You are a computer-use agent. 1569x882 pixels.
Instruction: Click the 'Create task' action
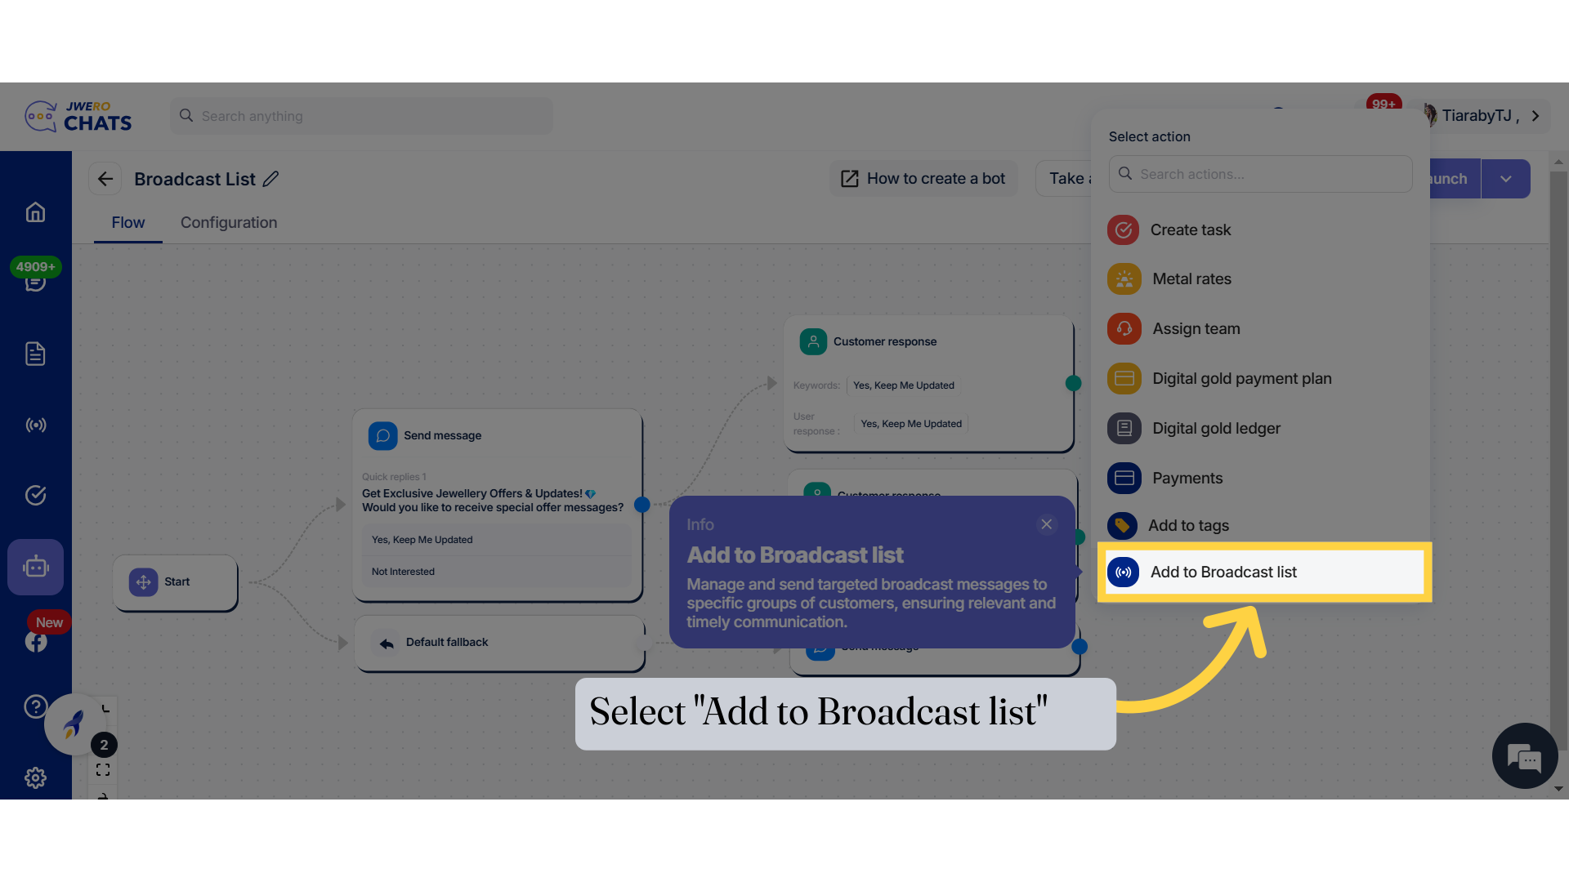pyautogui.click(x=1190, y=230)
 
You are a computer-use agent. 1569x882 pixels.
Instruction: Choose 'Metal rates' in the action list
pyautogui.click(x=1191, y=279)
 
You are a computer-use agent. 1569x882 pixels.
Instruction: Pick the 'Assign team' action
pyautogui.click(x=1196, y=329)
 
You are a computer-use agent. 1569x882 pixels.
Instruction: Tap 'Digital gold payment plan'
pyautogui.click(x=1241, y=379)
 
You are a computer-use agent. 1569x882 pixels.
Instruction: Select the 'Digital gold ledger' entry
pyautogui.click(x=1216, y=429)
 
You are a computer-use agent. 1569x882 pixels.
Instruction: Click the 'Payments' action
pyautogui.click(x=1187, y=479)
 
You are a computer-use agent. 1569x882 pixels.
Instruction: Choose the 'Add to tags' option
pyautogui.click(x=1188, y=526)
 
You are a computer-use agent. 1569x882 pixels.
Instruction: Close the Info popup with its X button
pyautogui.click(x=1046, y=524)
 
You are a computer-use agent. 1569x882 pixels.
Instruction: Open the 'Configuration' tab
pyautogui.click(x=229, y=223)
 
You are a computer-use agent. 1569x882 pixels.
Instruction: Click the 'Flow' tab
pyautogui.click(x=128, y=223)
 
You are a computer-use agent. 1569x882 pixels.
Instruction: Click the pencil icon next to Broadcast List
pyautogui.click(x=271, y=179)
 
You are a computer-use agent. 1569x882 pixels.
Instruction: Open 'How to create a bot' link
pyautogui.click(x=923, y=179)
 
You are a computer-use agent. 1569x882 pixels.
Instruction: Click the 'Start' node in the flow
pyautogui.click(x=176, y=582)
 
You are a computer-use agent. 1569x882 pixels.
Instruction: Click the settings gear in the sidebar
pyautogui.click(x=35, y=777)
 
